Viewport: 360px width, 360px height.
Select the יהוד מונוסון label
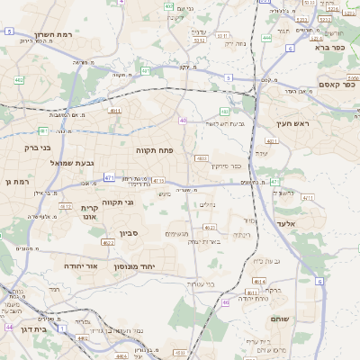pyautogui.click(x=135, y=267)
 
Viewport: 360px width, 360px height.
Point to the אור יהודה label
pyautogui.click(x=81, y=266)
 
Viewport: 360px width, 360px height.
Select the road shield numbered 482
pyautogui.click(x=20, y=80)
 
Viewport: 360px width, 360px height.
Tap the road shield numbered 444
pyautogui.click(x=266, y=39)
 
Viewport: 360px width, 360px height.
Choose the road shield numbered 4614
pyautogui.click(x=259, y=282)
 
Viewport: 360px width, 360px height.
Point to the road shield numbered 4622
pyautogui.click(x=108, y=242)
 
